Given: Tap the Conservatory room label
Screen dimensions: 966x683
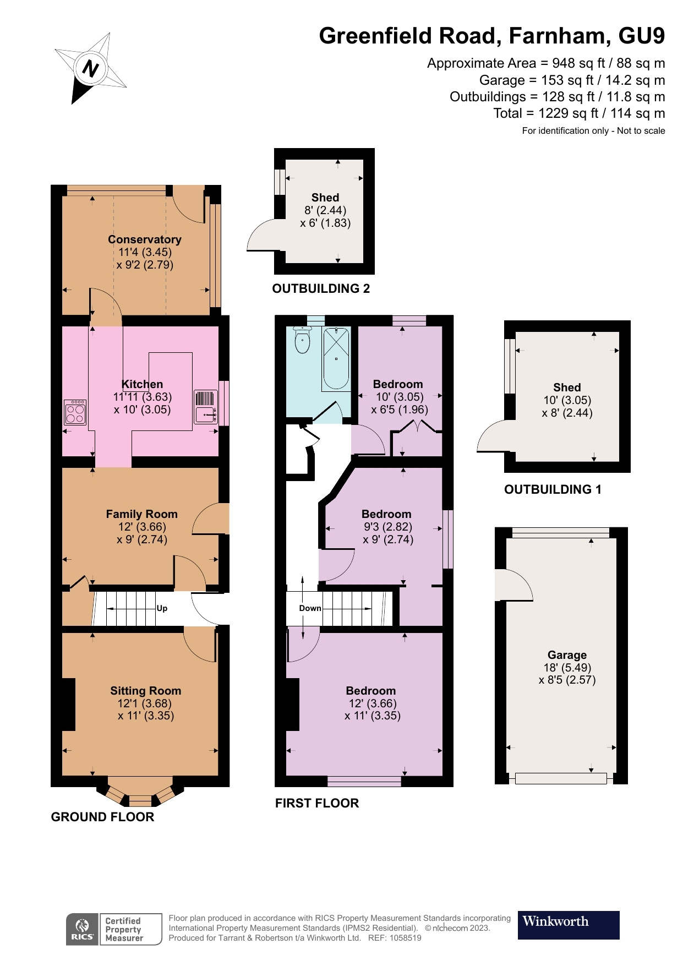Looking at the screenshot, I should click(x=144, y=239).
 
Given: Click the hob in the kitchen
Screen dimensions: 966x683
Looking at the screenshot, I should click(x=75, y=412).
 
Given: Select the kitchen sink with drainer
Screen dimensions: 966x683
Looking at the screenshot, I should click(x=205, y=407).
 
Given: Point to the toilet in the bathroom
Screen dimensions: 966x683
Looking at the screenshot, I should click(x=302, y=340).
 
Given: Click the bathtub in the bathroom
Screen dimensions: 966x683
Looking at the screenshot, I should click(x=336, y=358).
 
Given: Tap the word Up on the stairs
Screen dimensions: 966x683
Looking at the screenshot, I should click(x=162, y=608).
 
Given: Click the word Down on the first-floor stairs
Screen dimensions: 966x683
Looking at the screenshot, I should click(x=310, y=608).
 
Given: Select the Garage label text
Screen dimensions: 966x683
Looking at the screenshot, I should click(x=567, y=655).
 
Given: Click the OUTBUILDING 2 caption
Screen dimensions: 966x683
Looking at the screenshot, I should click(x=321, y=288).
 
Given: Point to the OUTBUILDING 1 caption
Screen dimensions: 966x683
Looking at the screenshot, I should click(x=553, y=489).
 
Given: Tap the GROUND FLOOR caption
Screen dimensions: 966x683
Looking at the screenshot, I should click(x=102, y=817).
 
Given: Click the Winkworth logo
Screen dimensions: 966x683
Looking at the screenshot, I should click(x=568, y=925).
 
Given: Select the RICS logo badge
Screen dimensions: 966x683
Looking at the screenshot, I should click(x=82, y=929).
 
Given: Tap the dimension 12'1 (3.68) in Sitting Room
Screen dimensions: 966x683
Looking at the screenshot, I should click(x=144, y=703).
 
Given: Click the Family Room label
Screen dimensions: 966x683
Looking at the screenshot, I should click(x=141, y=514).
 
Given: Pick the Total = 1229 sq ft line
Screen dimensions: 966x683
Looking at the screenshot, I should click(x=578, y=113).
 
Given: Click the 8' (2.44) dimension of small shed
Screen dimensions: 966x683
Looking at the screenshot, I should click(x=325, y=210).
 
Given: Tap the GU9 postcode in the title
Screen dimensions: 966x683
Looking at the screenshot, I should click(x=641, y=36).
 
